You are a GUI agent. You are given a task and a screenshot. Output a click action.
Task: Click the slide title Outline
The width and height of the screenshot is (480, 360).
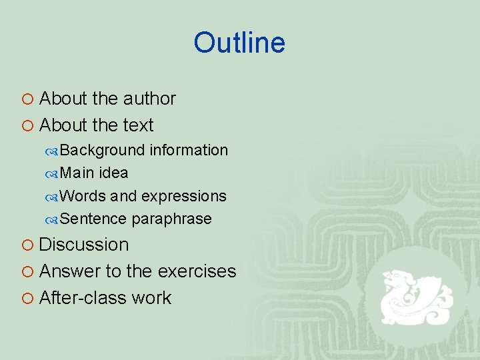239,43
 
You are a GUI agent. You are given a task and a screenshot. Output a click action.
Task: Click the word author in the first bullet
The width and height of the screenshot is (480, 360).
149,99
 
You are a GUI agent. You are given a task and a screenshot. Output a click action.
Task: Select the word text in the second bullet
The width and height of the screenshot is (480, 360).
138,125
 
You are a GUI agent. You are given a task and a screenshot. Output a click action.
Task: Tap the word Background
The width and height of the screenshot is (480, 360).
102,150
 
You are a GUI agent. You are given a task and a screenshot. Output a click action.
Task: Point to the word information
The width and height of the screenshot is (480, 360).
189,150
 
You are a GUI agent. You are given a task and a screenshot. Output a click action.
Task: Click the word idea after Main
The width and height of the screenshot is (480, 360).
113,173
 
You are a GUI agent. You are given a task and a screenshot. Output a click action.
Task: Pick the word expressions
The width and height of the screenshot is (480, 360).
184,196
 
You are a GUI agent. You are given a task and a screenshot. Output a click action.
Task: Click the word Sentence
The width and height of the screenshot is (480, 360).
93,219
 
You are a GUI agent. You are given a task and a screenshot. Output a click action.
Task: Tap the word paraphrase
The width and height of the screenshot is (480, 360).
172,219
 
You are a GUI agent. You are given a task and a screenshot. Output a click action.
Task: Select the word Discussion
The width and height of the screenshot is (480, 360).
84,245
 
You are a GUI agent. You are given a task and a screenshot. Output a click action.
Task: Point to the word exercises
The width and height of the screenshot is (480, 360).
197,271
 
